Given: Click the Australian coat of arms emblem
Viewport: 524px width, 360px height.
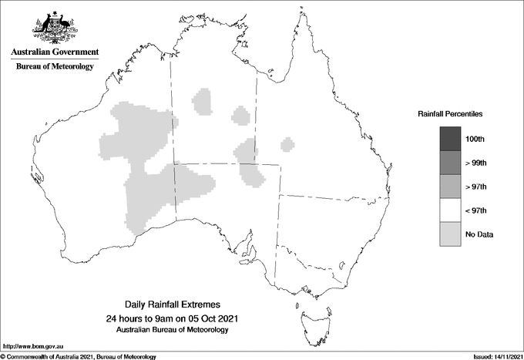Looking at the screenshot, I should [x=54, y=28].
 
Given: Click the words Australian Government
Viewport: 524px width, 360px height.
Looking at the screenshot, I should [x=55, y=52].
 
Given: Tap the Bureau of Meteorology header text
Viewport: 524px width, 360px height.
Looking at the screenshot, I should [x=55, y=67].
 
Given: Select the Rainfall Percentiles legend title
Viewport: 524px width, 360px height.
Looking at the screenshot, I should [x=450, y=114].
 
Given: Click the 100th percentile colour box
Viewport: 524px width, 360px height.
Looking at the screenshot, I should [x=449, y=139].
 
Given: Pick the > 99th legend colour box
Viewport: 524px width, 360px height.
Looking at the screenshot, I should [x=449, y=163].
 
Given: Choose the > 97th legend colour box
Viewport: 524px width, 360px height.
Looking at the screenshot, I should [x=449, y=187].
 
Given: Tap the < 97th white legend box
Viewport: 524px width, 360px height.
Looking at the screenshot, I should [x=449, y=210].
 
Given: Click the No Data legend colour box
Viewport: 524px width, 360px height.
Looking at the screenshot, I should [x=449, y=234].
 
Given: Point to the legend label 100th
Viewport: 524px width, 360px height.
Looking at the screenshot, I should [x=475, y=140].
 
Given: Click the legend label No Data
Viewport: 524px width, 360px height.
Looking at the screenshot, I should [x=479, y=234].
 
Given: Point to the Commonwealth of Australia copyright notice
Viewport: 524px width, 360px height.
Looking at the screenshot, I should [x=79, y=356].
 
